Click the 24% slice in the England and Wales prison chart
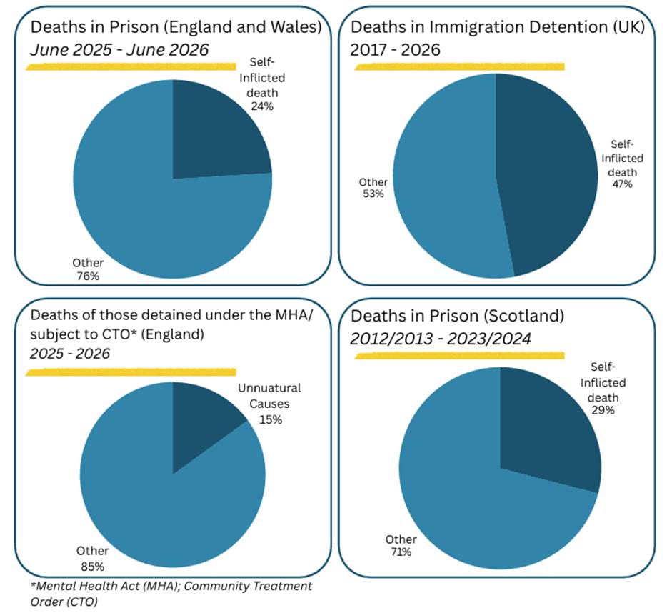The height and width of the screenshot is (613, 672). tap(214, 133)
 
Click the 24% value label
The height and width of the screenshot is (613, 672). tap(262, 106)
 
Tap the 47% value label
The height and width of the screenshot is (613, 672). tap(622, 184)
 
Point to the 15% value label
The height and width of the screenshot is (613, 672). tap(271, 419)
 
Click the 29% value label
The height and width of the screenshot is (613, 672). tap(603, 410)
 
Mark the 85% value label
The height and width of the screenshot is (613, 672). tap(93, 567)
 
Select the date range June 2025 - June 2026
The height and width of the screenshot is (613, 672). tap(119, 50)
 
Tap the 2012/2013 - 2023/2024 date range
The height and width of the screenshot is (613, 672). tap(441, 339)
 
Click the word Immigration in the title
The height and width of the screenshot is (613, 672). tap(476, 27)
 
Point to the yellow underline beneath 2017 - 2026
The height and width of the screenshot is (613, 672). tap(459, 66)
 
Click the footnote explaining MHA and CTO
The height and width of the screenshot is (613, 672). tap(171, 594)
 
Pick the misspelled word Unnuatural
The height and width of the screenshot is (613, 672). tap(269, 388)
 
